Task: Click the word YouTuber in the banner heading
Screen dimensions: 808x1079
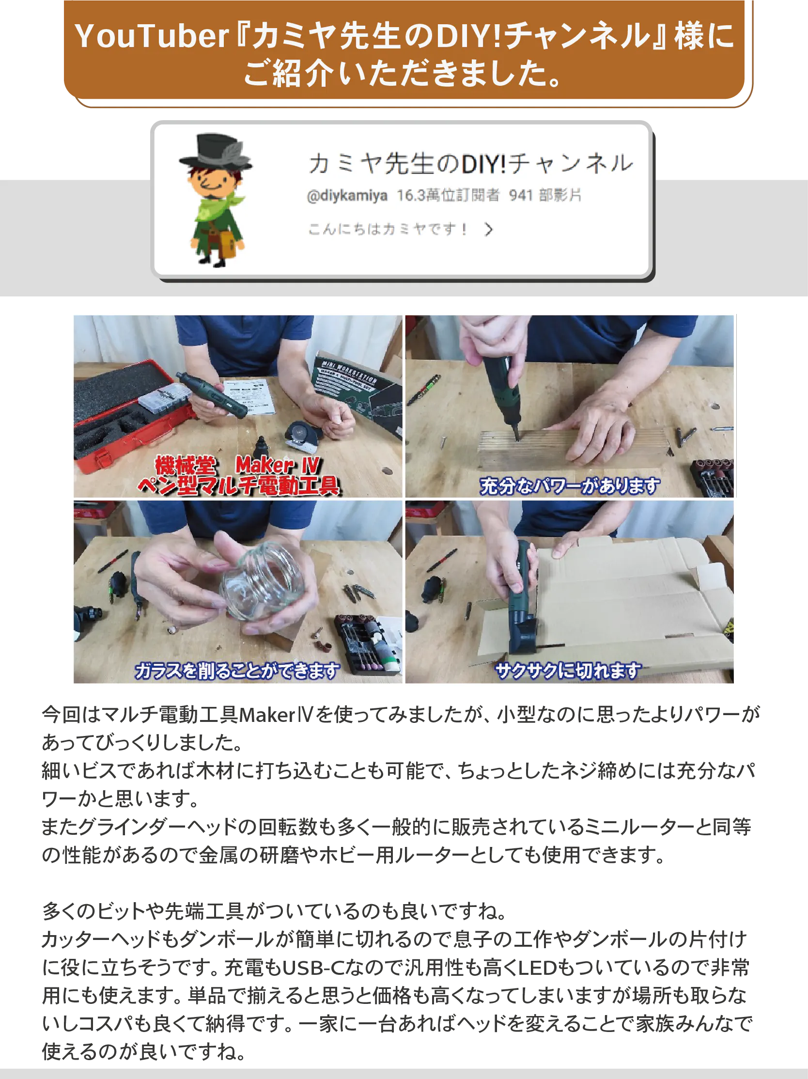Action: pos(152,36)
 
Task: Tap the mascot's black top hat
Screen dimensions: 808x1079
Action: pos(215,151)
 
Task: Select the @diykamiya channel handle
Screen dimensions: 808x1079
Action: pos(347,196)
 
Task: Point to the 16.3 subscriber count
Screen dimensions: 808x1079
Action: pos(411,195)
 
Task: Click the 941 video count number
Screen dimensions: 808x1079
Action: pos(520,195)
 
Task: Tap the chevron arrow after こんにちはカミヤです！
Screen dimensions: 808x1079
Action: pos(489,229)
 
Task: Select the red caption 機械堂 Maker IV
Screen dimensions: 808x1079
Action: pos(237,464)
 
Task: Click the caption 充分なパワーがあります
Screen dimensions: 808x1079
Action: pos(569,486)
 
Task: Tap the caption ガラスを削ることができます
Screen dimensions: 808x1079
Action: pos(237,671)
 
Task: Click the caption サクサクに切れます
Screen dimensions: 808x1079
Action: pos(568,671)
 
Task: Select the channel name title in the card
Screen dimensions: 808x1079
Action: pos(470,163)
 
